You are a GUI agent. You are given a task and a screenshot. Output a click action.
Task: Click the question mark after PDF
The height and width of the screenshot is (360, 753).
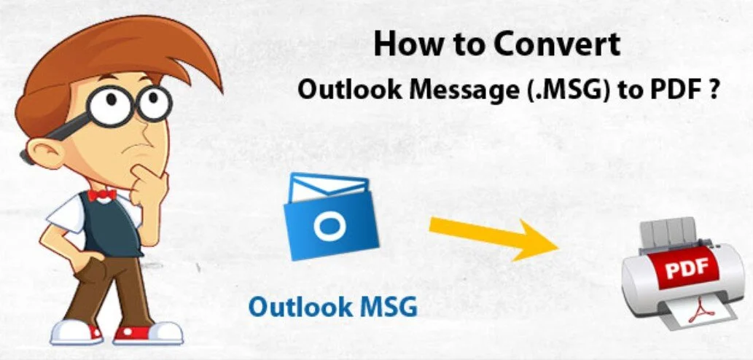[713, 89]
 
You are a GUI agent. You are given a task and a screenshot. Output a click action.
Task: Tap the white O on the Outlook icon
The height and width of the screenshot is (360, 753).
[329, 224]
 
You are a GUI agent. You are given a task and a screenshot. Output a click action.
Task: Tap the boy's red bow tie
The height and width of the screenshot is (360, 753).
[101, 194]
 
